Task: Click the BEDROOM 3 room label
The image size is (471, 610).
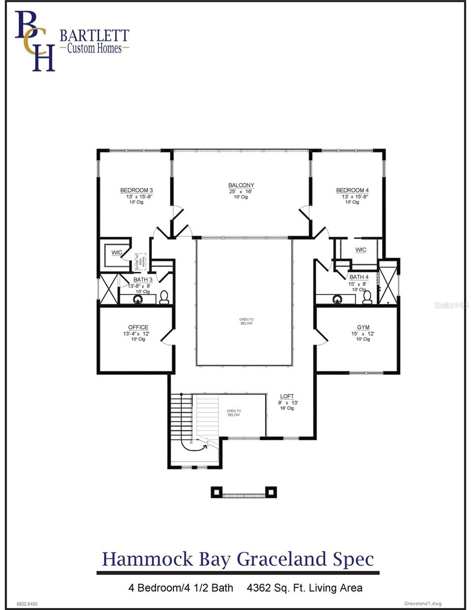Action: (137, 190)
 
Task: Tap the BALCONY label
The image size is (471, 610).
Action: (241, 186)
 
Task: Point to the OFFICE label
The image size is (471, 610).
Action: (138, 327)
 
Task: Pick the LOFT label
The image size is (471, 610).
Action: (287, 396)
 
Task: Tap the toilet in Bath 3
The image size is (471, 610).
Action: (164, 298)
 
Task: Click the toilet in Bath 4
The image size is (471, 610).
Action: (367, 298)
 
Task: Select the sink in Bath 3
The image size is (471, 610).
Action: (137, 299)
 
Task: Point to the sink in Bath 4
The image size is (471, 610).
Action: (337, 299)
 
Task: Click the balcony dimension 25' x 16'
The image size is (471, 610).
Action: (241, 192)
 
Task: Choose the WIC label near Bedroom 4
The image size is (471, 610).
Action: (361, 250)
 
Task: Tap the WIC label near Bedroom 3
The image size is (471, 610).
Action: (116, 252)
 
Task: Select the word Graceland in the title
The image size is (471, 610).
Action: (288, 559)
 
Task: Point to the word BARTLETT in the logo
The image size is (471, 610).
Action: (95, 36)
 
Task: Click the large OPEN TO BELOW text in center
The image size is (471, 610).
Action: (246, 321)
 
